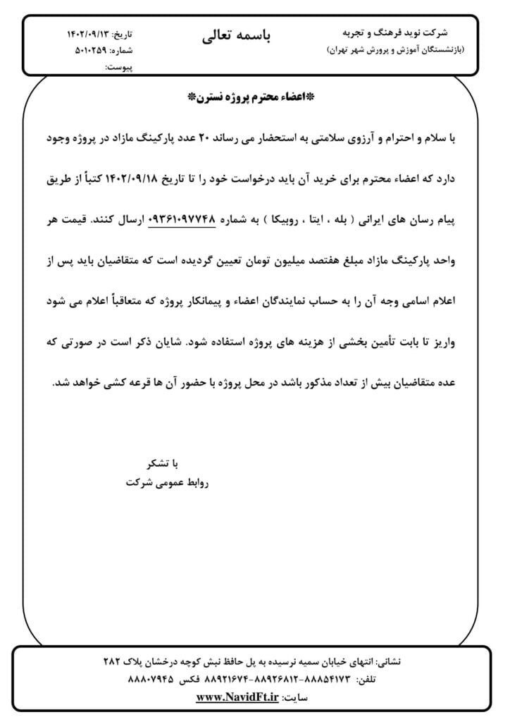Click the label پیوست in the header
tap(119, 67)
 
